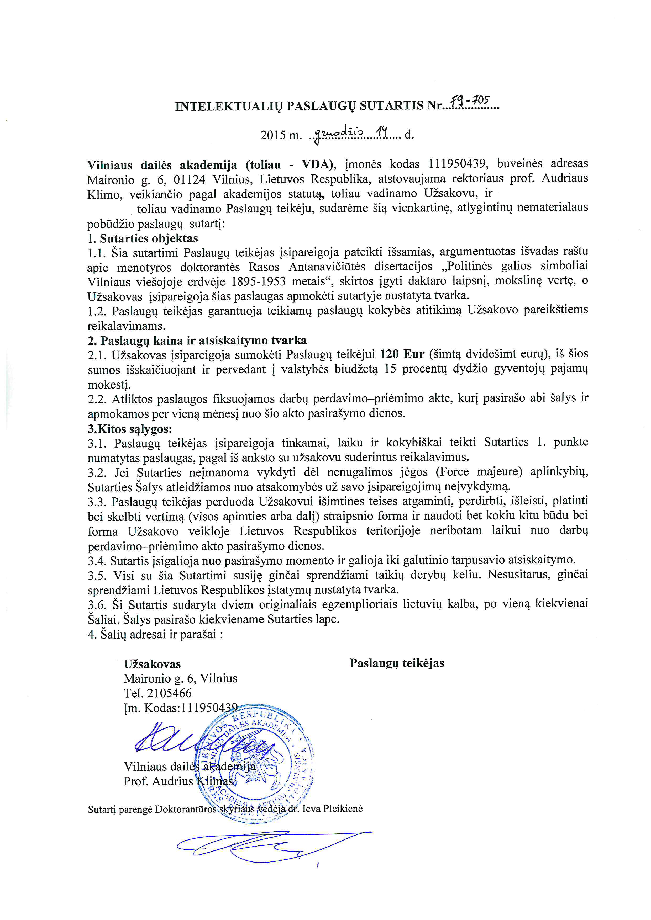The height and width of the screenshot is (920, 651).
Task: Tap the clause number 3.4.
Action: [x=97, y=560]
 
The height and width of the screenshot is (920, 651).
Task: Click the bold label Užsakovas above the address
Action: [x=152, y=664]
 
